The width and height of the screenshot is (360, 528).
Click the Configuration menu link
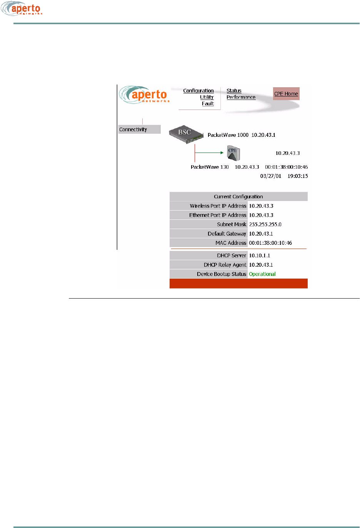click(198, 91)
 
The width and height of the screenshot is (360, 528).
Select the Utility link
click(207, 97)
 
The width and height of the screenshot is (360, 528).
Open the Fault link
click(208, 104)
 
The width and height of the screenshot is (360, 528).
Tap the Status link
click(234, 91)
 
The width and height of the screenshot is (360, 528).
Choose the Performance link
click(241, 97)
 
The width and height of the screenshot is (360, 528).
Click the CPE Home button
click(286, 94)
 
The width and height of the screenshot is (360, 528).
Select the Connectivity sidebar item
click(133, 130)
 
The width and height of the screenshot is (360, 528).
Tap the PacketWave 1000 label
click(228, 135)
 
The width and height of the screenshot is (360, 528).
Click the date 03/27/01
click(271, 176)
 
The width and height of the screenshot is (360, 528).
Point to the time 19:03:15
click(298, 176)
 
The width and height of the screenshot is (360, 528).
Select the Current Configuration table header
click(238, 196)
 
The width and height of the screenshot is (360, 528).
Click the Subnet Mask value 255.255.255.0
click(265, 224)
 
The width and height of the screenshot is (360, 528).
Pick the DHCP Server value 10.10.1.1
click(260, 256)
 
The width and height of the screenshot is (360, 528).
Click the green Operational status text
click(262, 274)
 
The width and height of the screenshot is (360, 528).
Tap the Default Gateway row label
click(227, 234)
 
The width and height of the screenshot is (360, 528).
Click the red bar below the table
click(238, 284)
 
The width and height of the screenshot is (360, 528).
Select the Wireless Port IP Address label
click(218, 206)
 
